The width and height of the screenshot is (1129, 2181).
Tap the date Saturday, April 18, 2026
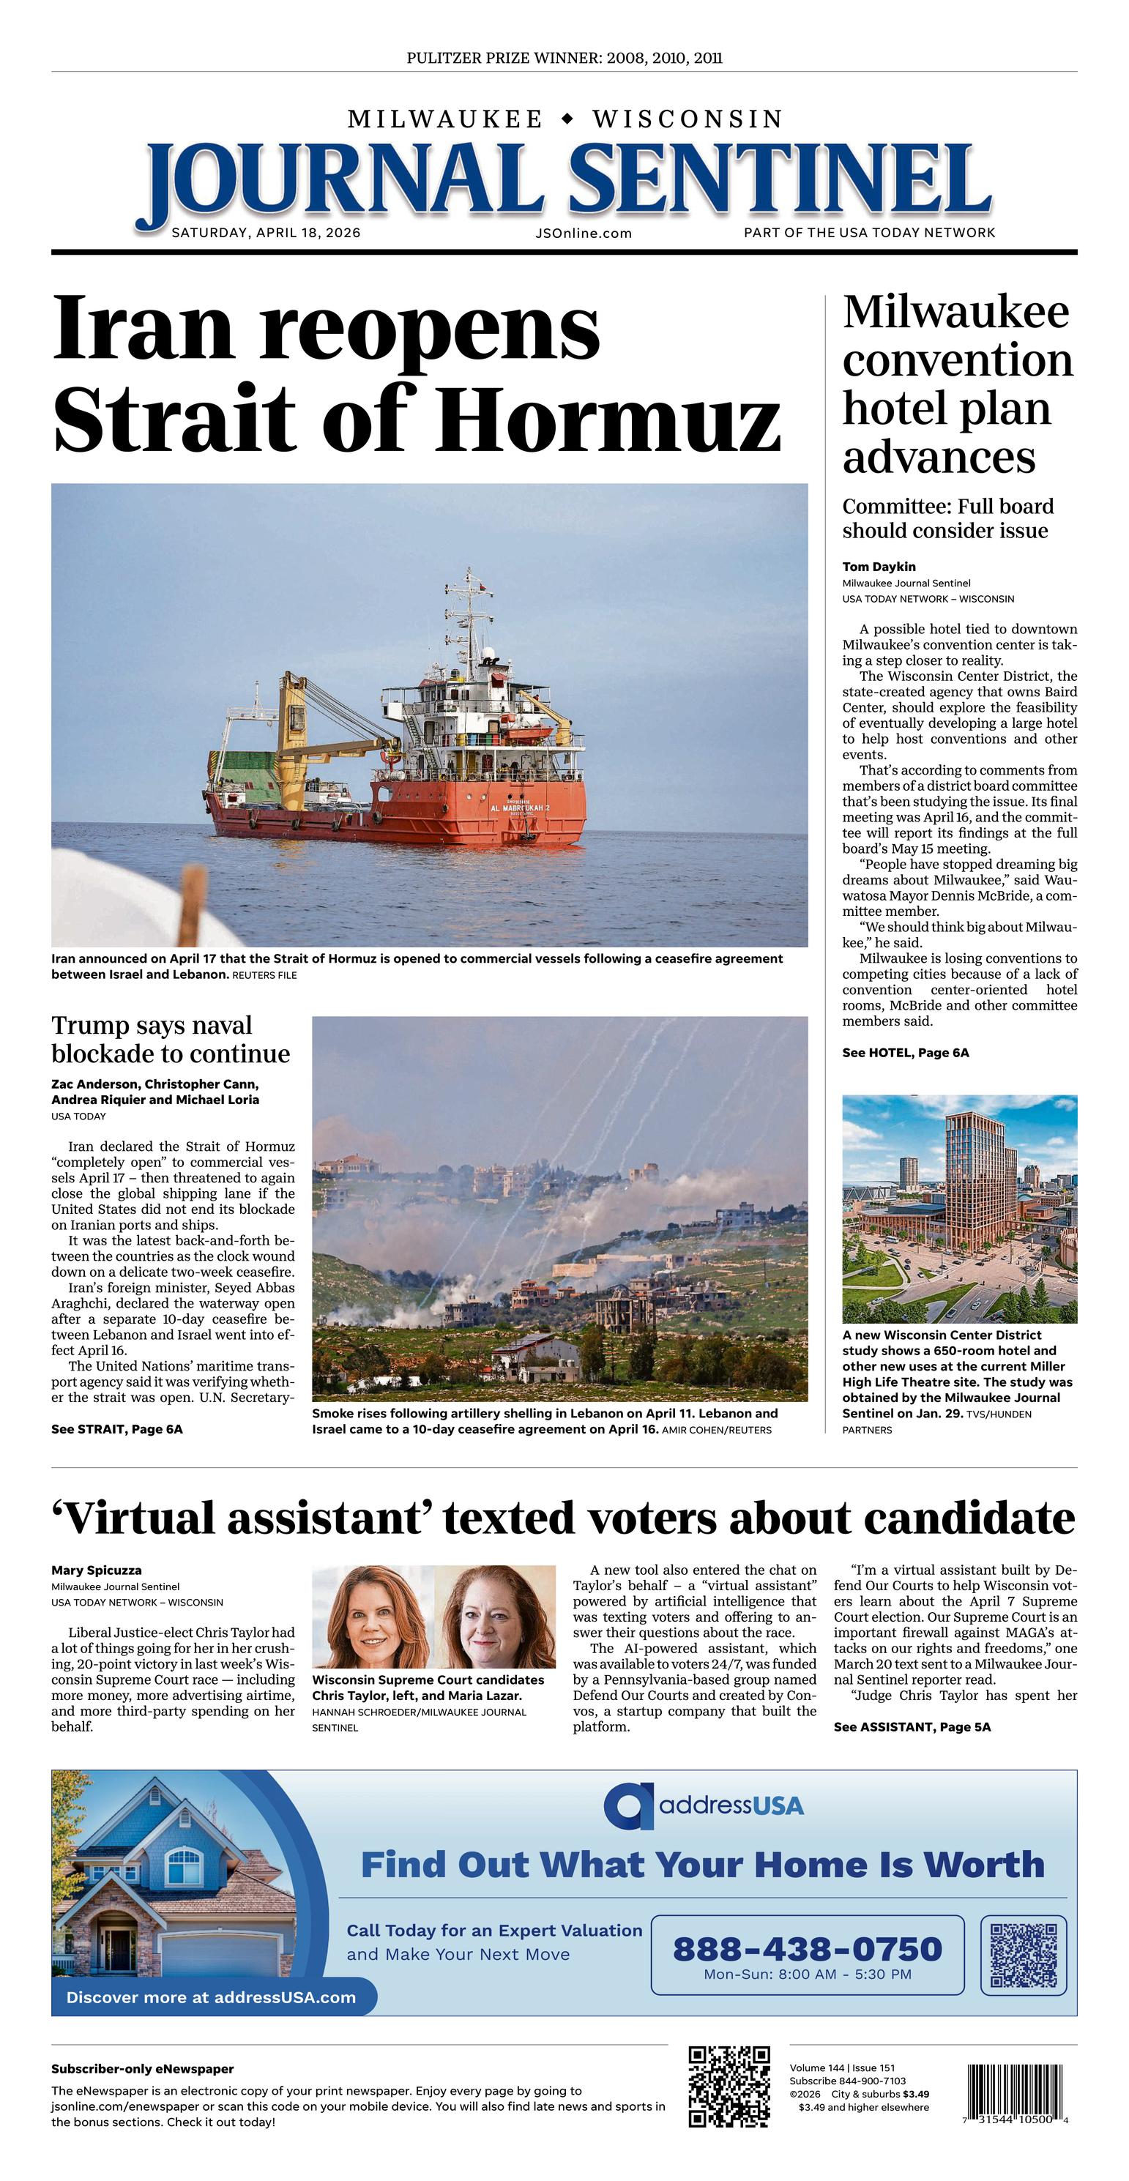(x=266, y=233)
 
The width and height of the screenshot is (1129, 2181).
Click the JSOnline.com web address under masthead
(x=584, y=234)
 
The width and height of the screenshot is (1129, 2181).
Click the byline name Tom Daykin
(x=879, y=567)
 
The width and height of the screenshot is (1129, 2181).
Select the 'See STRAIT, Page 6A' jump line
(x=117, y=1429)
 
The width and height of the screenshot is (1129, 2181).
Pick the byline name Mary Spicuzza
(x=97, y=1570)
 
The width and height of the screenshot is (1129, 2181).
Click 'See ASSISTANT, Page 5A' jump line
(x=912, y=1726)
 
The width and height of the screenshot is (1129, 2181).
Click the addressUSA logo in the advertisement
(x=704, y=1805)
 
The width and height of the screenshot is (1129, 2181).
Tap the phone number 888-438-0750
(x=807, y=1948)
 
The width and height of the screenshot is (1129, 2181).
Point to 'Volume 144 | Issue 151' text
(x=842, y=2068)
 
